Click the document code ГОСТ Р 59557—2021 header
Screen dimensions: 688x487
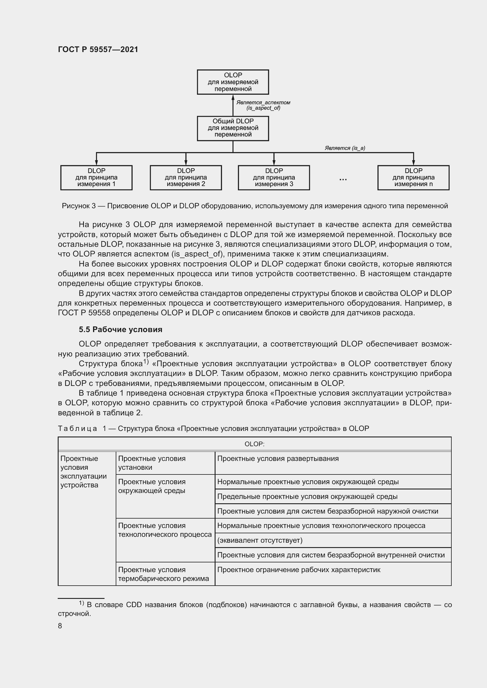(98, 49)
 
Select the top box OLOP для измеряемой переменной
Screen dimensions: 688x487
(233, 82)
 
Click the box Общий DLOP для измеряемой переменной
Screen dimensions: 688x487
(233, 128)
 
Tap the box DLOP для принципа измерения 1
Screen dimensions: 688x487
(96, 177)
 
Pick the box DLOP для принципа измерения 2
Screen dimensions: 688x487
(185, 177)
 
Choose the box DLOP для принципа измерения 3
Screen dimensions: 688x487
(274, 177)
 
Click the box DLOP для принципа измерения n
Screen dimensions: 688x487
(413, 177)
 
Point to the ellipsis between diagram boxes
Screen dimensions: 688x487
(343, 179)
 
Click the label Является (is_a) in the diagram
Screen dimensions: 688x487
(345, 148)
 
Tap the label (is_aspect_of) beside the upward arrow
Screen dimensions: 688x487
(263, 108)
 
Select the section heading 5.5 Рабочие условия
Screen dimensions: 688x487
(120, 330)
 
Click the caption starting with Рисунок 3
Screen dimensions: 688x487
(255, 206)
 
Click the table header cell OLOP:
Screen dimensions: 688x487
(255, 444)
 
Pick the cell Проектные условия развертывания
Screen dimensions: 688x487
(278, 459)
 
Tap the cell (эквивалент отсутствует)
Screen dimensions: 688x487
(260, 541)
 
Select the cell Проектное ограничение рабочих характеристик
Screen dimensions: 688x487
(299, 570)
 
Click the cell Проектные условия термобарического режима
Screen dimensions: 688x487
(163, 574)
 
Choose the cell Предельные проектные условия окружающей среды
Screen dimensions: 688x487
(307, 497)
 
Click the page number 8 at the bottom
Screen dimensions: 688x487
(60, 626)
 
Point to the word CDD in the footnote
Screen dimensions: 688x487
(134, 605)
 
